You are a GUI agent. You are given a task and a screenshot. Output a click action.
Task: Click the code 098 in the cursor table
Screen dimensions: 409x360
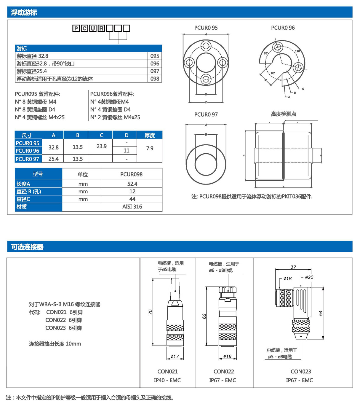(x=155, y=79)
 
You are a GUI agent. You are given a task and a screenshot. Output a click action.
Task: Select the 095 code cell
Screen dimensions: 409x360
(x=155, y=56)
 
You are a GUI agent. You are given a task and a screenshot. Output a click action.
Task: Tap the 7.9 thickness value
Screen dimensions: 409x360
(x=150, y=148)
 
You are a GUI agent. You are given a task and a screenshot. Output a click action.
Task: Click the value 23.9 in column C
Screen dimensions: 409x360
(x=101, y=146)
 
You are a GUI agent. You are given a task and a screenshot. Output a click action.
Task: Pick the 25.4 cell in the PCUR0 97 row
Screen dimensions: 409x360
(x=53, y=159)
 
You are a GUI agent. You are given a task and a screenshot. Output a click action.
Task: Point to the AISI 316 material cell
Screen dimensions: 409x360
(x=132, y=206)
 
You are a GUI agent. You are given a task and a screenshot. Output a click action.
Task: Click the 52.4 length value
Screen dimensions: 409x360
(x=132, y=184)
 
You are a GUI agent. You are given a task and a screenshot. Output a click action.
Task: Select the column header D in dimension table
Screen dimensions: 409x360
(x=126, y=135)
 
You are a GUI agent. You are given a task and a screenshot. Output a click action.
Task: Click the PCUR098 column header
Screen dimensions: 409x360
(x=131, y=174)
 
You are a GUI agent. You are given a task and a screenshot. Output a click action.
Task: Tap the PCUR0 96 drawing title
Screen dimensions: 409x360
(x=283, y=28)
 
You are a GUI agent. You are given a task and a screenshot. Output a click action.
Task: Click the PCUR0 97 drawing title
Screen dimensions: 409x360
(x=206, y=114)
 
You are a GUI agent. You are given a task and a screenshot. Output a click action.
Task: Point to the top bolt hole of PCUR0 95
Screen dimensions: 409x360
(x=206, y=46)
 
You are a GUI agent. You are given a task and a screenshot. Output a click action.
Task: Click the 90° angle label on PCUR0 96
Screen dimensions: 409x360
(x=273, y=73)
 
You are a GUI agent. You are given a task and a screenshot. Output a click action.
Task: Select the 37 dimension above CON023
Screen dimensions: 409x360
(x=293, y=267)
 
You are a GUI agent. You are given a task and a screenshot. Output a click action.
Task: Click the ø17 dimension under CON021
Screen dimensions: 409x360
(x=175, y=356)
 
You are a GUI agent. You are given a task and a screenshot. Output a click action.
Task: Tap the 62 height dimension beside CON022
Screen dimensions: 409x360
(x=204, y=316)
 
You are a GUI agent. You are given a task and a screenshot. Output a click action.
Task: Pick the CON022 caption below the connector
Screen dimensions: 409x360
(x=223, y=371)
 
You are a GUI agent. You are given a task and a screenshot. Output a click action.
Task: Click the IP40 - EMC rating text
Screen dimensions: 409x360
(x=167, y=380)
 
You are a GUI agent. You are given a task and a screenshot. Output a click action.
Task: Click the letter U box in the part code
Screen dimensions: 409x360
(x=93, y=28)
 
